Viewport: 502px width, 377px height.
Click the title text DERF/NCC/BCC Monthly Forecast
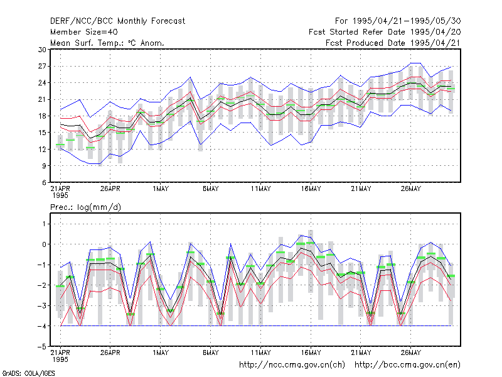click(x=117, y=21)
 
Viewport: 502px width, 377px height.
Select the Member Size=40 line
click(x=84, y=32)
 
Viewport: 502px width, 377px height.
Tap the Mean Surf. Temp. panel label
click(x=107, y=43)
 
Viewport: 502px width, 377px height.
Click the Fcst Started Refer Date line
click(x=385, y=32)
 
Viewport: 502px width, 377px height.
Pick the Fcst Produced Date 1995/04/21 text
click(x=393, y=43)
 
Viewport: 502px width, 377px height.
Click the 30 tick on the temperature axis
click(x=42, y=50)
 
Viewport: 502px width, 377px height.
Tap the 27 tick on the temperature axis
click(x=42, y=67)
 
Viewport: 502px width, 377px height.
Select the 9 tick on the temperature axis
click(x=44, y=166)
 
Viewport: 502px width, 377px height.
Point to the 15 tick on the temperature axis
click(x=42, y=133)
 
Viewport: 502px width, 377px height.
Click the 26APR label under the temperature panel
click(x=110, y=189)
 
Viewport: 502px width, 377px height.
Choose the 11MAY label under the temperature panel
click(x=260, y=189)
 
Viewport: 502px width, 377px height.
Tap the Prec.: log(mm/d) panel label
click(x=85, y=207)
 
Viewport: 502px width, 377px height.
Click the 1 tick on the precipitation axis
click(x=44, y=224)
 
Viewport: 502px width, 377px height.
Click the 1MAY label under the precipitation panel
click(x=161, y=352)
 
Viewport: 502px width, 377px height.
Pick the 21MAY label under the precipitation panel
click(x=361, y=352)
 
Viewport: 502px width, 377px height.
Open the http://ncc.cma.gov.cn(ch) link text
click(x=292, y=365)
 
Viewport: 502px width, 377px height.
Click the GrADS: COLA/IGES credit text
click(x=28, y=373)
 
